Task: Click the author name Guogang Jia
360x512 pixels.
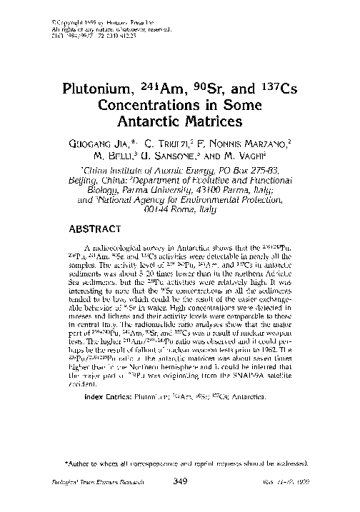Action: click(114, 141)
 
